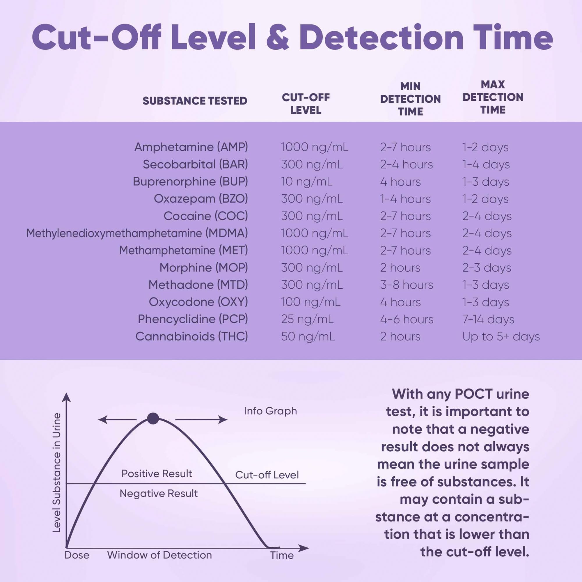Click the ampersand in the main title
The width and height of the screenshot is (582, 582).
(x=277, y=38)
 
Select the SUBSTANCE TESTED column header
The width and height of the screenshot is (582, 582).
(x=195, y=101)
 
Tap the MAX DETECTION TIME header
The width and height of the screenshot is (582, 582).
(x=493, y=97)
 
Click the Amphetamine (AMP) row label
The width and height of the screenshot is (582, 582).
(x=191, y=147)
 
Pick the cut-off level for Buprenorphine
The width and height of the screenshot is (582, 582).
(x=307, y=182)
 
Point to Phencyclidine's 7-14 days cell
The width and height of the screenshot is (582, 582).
(x=488, y=319)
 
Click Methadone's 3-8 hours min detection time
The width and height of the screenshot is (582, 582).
(x=406, y=285)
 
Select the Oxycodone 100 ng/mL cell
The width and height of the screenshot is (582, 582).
(x=310, y=302)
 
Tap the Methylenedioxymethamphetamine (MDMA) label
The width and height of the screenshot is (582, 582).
(x=137, y=233)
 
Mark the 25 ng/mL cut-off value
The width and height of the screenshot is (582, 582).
(x=307, y=319)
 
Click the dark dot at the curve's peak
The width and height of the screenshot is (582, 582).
(x=153, y=419)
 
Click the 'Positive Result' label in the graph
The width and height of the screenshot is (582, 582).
(x=157, y=473)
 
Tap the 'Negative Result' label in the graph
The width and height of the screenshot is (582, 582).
(x=159, y=494)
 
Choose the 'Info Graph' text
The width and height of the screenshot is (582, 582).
(x=270, y=411)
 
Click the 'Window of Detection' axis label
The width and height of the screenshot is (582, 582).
(x=159, y=555)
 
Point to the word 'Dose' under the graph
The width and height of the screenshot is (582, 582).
(x=77, y=555)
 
